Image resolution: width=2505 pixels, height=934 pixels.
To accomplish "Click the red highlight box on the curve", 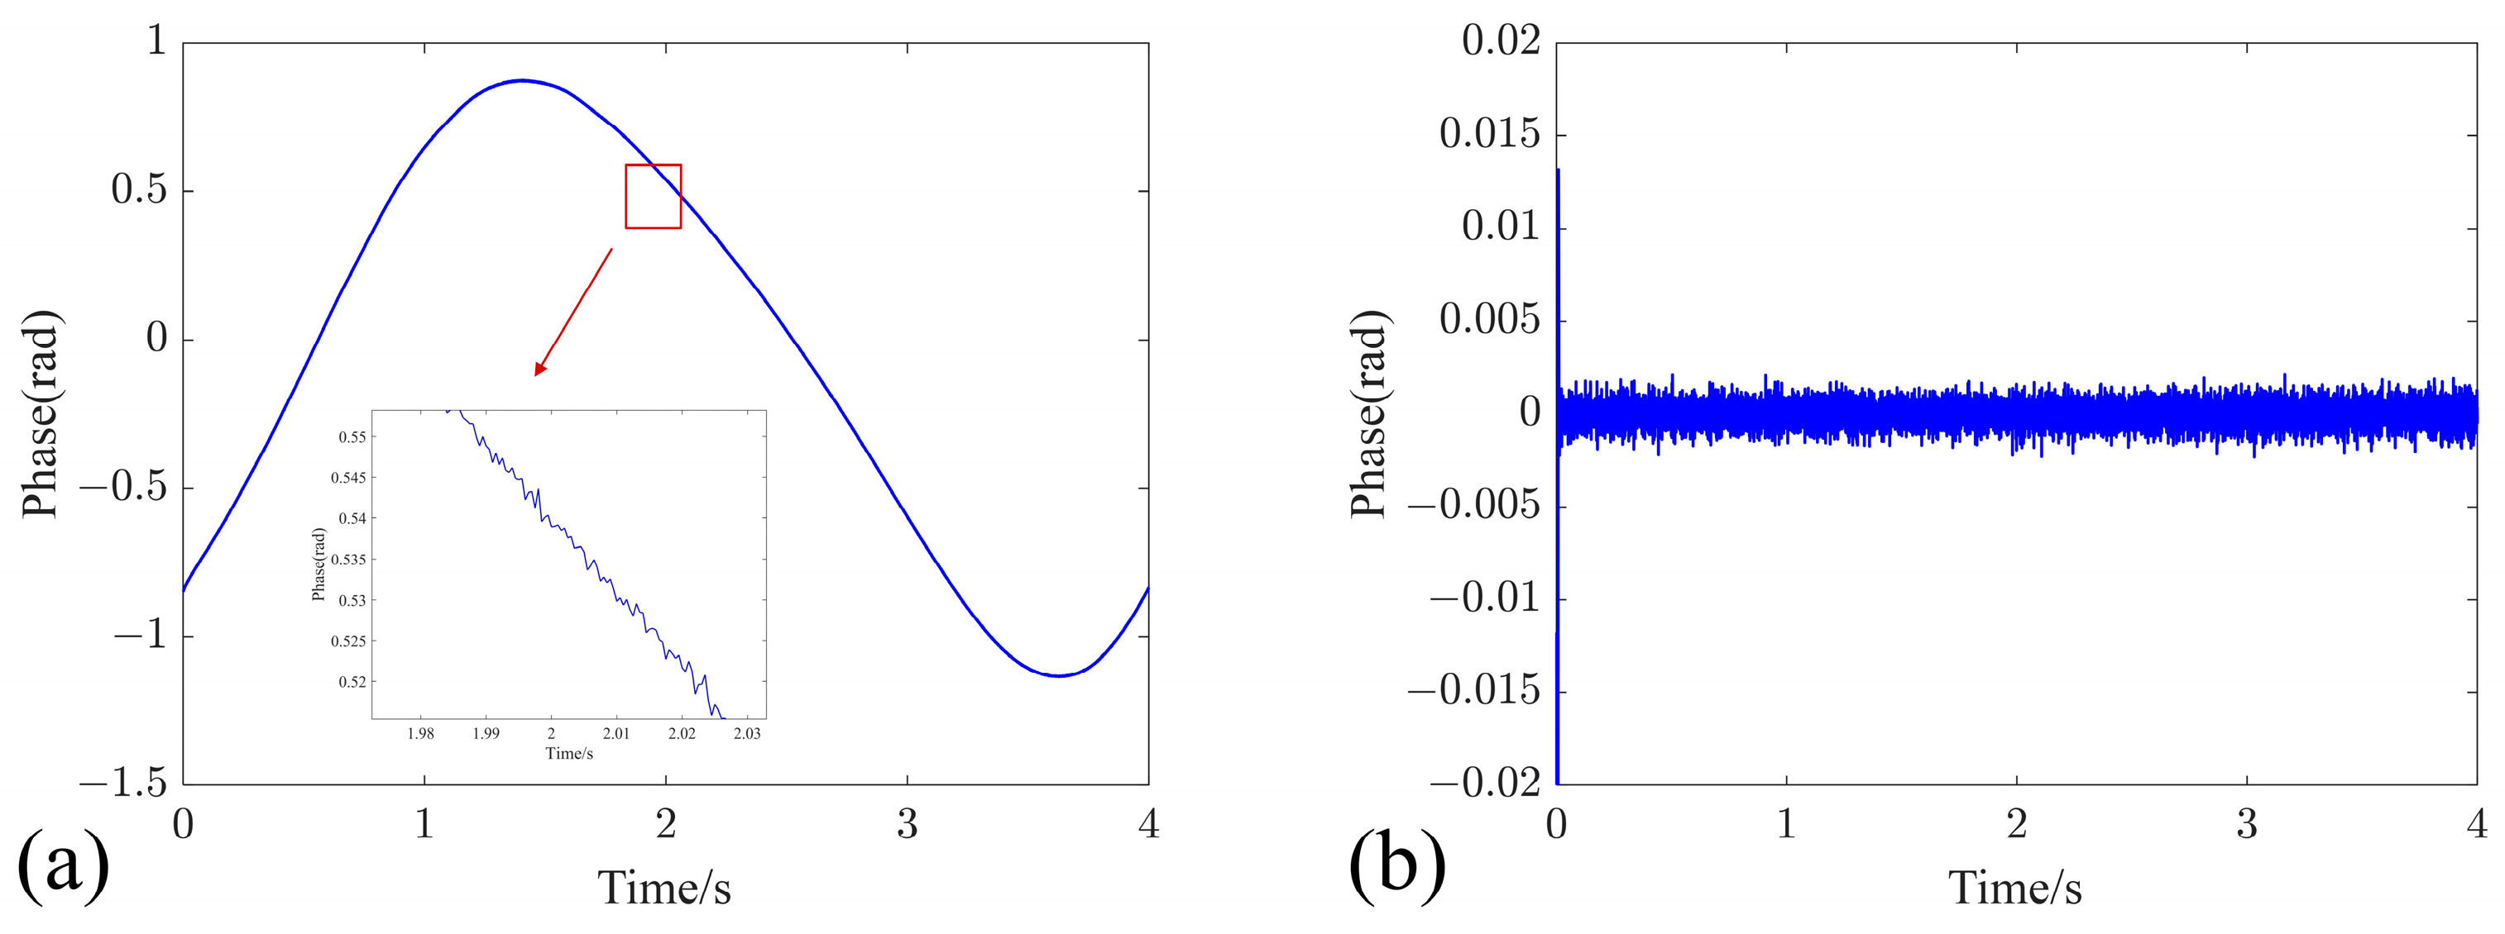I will pyautogui.click(x=653, y=197).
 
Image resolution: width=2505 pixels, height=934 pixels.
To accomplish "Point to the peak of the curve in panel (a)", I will pyautogui.click(x=522, y=81).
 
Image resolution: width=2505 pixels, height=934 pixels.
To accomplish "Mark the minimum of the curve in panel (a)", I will pyautogui.click(x=1059, y=675).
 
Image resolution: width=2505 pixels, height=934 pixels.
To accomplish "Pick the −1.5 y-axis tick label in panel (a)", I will pyautogui.click(x=124, y=783).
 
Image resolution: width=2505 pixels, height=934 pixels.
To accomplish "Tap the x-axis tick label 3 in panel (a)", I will pyautogui.click(x=907, y=824).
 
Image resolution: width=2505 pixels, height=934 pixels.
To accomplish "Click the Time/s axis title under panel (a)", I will pyautogui.click(x=664, y=888).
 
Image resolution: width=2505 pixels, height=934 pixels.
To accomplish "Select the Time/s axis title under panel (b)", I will pyautogui.click(x=2015, y=888).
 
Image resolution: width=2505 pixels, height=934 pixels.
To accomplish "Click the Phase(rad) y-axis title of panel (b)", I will pyautogui.click(x=1368, y=414).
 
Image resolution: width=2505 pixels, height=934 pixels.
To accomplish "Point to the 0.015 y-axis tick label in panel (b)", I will pyautogui.click(x=1490, y=134).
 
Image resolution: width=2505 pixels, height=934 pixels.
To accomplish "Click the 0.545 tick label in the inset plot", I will pyautogui.click(x=348, y=479).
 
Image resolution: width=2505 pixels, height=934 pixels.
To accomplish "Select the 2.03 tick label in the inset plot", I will pyautogui.click(x=747, y=734).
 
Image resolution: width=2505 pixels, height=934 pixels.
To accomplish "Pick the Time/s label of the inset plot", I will pyautogui.click(x=569, y=753).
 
